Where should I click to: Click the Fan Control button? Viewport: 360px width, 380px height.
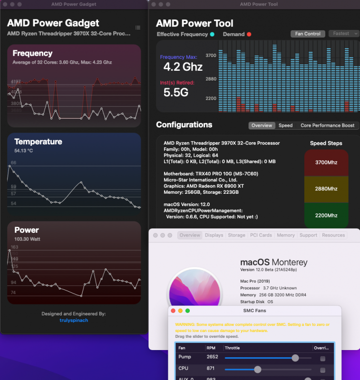pos(308,34)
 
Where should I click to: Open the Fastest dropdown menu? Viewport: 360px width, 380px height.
pos(344,34)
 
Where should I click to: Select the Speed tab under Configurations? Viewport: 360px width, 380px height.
pos(285,125)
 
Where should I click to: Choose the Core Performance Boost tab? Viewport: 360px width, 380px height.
pos(327,125)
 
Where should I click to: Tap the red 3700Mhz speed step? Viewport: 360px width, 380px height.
pos(326,162)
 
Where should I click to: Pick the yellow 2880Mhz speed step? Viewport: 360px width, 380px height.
pos(326,189)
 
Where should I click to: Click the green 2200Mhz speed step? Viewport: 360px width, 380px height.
pos(326,215)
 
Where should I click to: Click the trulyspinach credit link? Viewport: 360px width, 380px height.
pos(74,320)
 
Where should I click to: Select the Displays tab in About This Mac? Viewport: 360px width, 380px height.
pos(214,235)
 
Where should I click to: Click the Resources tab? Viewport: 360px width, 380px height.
pos(333,235)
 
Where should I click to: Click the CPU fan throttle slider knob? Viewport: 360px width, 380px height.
pos(258,369)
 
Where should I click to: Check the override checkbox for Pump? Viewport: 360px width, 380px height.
pos(323,359)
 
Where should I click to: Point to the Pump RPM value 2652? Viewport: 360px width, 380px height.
pos(213,357)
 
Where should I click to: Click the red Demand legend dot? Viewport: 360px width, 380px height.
pos(249,34)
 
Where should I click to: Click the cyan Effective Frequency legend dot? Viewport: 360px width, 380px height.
pos(212,34)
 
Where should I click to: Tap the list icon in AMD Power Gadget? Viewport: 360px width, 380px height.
pos(137,28)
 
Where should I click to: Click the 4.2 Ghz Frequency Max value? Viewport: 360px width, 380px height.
pos(183,66)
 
